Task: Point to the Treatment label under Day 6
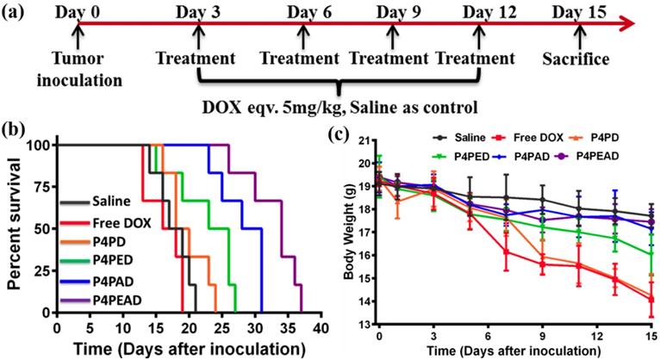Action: [x=302, y=60]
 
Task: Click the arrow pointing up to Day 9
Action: [x=394, y=38]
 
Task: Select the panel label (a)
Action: [x=16, y=15]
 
